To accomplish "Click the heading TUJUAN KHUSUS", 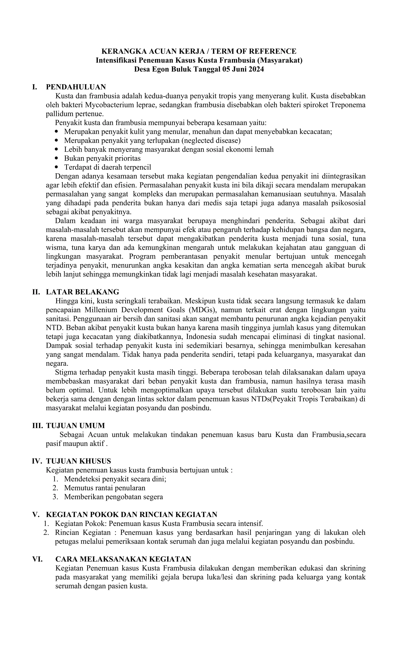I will tap(78, 461).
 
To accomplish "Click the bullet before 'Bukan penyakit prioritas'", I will tap(56, 158).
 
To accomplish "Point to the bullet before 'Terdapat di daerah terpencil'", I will tap(56, 167).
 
